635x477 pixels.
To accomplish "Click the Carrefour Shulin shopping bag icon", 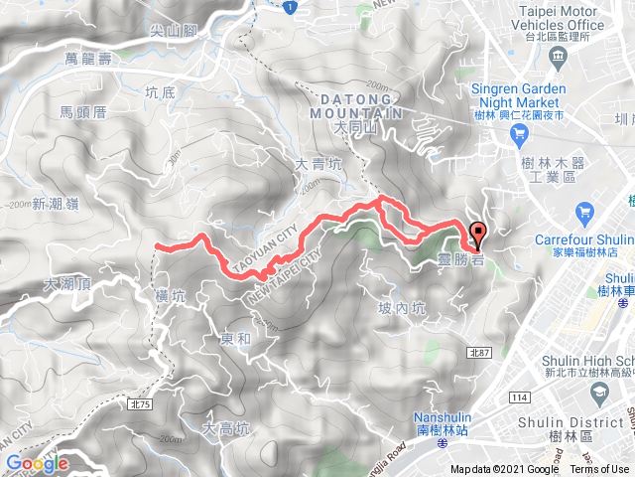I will coord(583,212).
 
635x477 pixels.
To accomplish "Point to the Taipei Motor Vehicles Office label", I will coord(561,16).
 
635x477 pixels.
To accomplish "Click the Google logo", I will coord(37,463).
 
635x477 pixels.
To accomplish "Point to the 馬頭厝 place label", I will coord(82,112).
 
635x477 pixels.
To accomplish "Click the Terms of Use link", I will coord(601,470).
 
